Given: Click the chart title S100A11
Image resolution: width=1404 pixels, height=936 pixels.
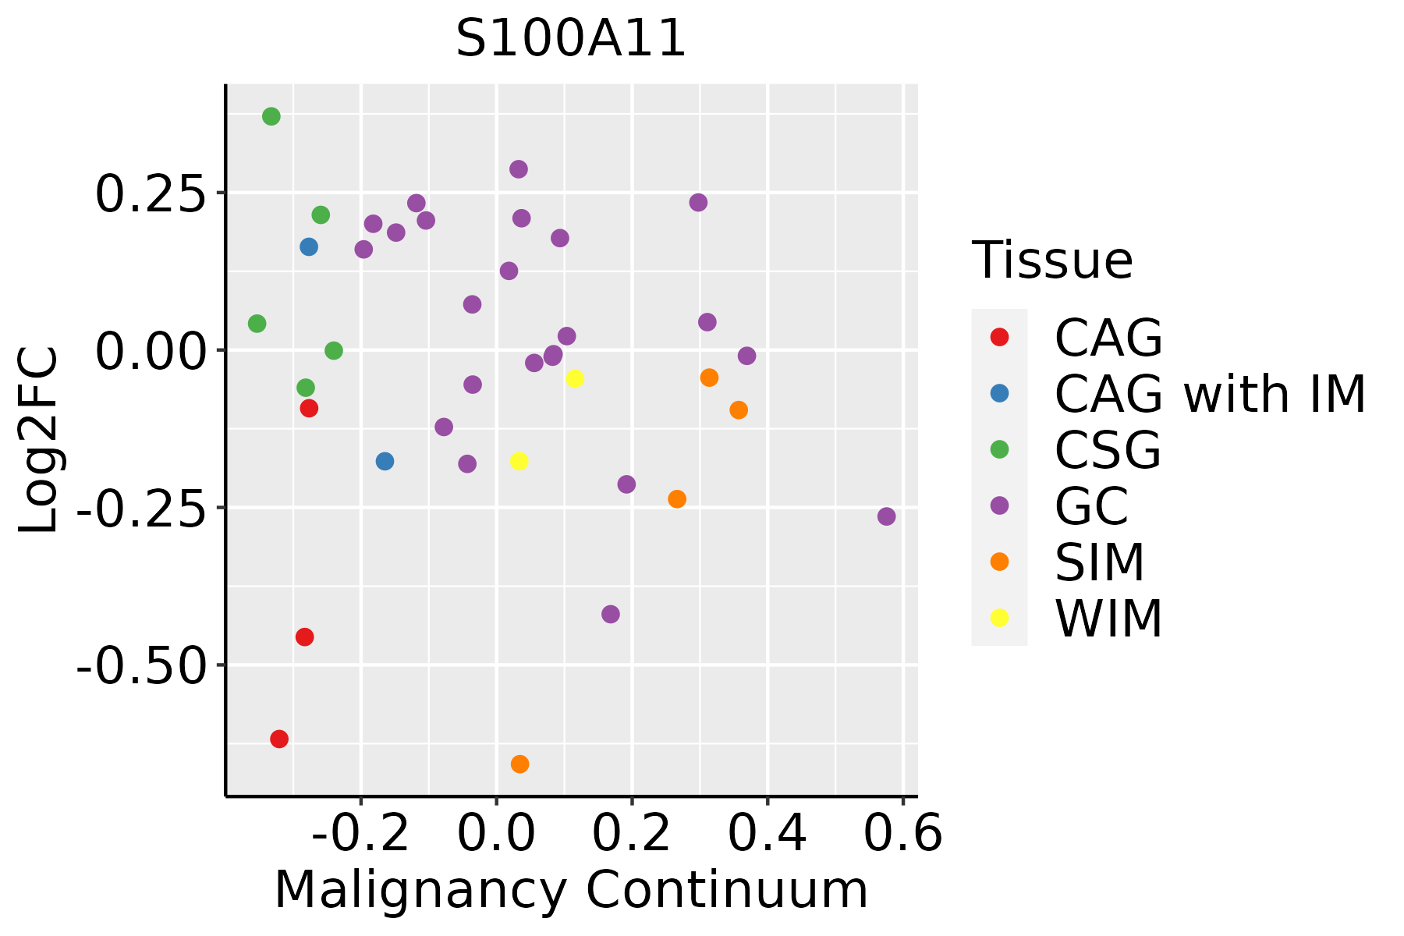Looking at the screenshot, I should click(571, 39).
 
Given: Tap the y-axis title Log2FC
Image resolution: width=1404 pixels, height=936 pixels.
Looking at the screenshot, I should click(39, 441).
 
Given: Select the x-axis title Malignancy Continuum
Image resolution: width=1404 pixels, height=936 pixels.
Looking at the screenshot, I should click(571, 890).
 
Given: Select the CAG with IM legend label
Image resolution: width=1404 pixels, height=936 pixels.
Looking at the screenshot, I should click(1210, 394).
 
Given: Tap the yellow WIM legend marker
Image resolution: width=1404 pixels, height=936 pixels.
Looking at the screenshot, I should click(999, 618).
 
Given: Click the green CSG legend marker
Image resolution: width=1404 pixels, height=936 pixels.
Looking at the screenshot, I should click(999, 449).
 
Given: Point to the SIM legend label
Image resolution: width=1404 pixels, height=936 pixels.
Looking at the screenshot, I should click(1100, 562).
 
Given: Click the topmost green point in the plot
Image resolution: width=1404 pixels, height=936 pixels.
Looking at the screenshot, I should click(271, 117).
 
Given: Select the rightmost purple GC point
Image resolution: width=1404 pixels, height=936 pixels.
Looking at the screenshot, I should click(886, 516).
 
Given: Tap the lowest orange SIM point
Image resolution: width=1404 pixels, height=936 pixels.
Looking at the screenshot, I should click(519, 764).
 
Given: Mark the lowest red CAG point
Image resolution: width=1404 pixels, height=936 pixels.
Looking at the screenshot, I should click(279, 739).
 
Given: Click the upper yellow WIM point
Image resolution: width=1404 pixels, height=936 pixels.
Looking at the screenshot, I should click(575, 379).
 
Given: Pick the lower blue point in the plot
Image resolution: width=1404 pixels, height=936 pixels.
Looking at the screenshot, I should click(385, 461).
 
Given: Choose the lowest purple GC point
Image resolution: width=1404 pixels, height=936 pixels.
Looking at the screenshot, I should click(611, 614).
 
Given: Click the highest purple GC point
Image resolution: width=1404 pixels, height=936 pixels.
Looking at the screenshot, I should click(519, 169).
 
